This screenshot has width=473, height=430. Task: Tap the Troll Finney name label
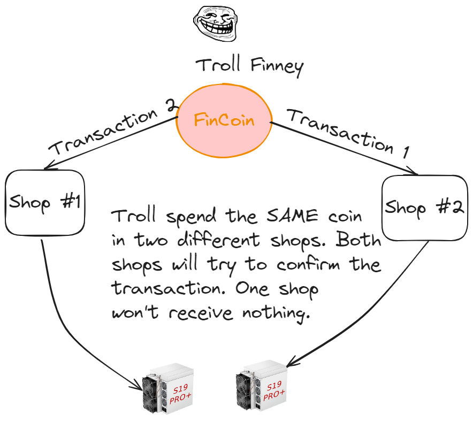[250, 66]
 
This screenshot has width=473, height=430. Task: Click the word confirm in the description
[309, 265]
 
